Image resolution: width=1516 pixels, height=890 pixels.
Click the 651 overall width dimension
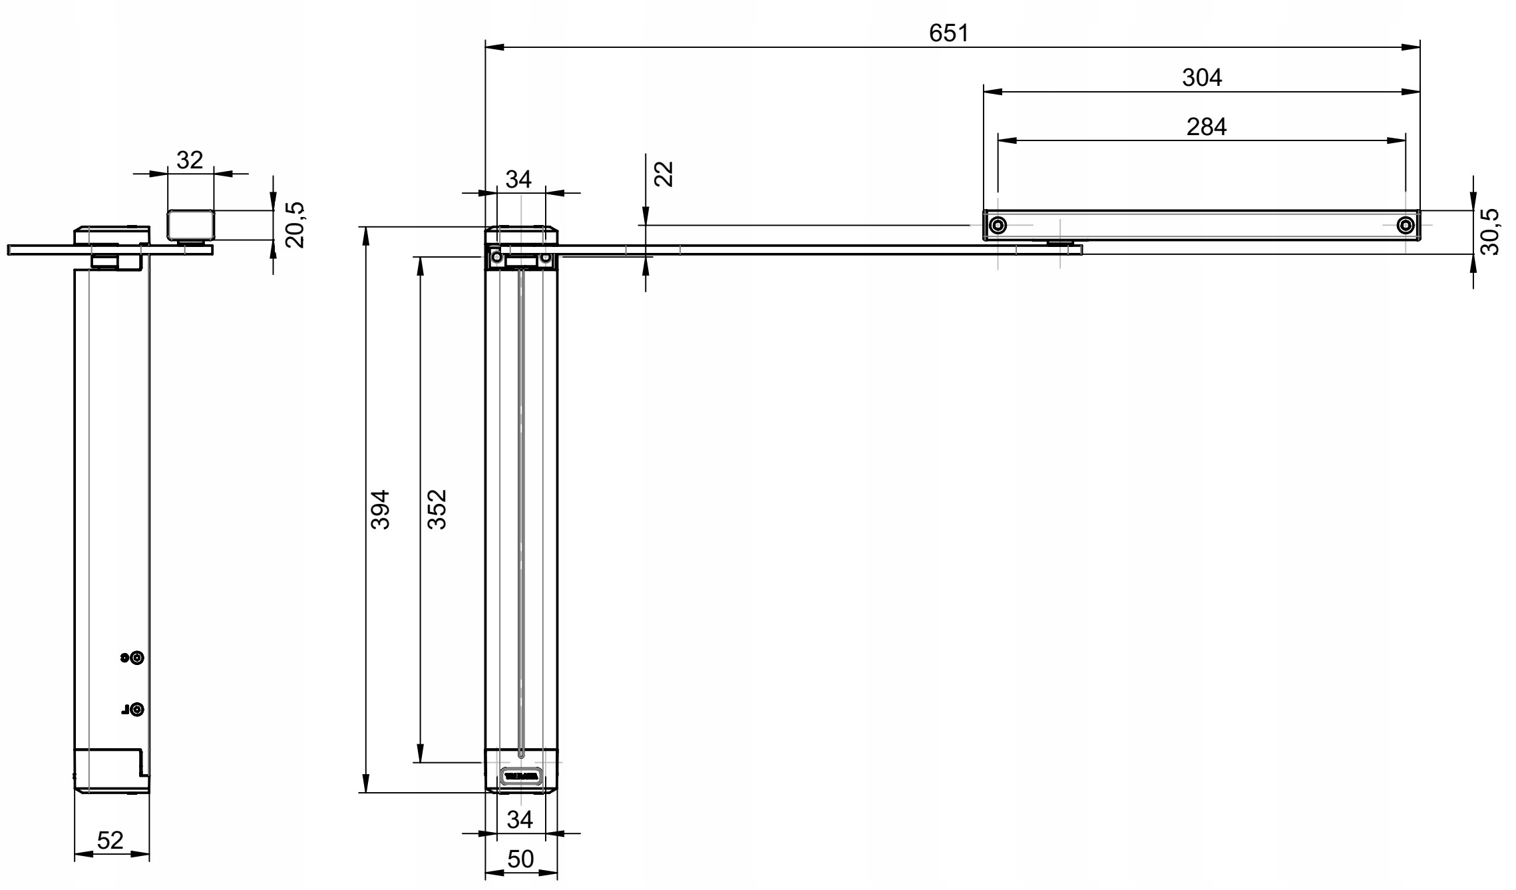coord(949,33)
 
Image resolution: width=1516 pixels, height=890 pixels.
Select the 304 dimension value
coord(1202,78)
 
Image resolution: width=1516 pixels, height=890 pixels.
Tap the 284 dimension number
coord(1206,126)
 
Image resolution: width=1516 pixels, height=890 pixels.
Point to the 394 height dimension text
coord(380,509)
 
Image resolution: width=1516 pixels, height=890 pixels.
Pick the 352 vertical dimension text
coord(437,509)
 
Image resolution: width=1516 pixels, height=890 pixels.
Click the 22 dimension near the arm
coord(664,174)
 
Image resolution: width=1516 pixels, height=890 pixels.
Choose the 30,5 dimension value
coord(1491,231)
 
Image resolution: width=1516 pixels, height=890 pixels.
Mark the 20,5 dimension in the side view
coord(295,225)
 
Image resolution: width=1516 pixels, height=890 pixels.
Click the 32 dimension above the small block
coord(190,160)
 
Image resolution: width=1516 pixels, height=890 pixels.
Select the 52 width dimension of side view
coord(110,841)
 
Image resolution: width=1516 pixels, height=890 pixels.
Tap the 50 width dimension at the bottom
coord(520,859)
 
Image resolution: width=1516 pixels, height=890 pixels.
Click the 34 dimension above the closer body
coord(519,179)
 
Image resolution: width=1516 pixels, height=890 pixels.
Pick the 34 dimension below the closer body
coord(520,820)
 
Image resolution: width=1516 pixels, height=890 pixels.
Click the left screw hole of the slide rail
coord(998,225)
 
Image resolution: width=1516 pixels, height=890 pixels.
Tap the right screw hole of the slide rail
coord(1406,225)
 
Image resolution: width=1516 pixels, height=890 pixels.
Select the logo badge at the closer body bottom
coord(521,776)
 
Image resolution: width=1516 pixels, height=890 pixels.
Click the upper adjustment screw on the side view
coord(136,658)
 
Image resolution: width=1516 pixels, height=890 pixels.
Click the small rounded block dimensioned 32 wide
coord(190,224)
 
